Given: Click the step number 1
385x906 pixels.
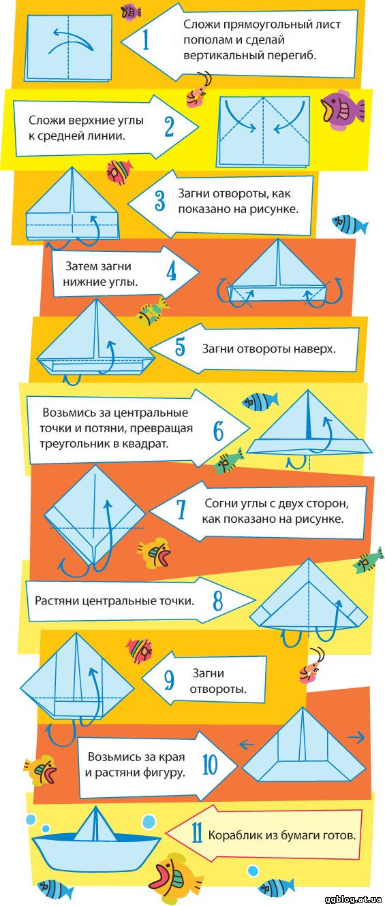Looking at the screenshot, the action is (x=146, y=40).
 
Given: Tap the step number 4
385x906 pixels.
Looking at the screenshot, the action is (x=171, y=272).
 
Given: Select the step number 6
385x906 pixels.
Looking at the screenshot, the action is (x=218, y=431).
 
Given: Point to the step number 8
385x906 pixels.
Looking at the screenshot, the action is (x=218, y=601).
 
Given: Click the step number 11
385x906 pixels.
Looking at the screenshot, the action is (x=197, y=834).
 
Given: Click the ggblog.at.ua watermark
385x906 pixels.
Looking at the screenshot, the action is (x=354, y=899).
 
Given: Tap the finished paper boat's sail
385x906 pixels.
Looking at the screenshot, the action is (x=95, y=824).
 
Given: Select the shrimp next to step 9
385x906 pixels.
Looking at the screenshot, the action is (x=311, y=666).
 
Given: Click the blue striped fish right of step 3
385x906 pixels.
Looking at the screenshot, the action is (x=350, y=224).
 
